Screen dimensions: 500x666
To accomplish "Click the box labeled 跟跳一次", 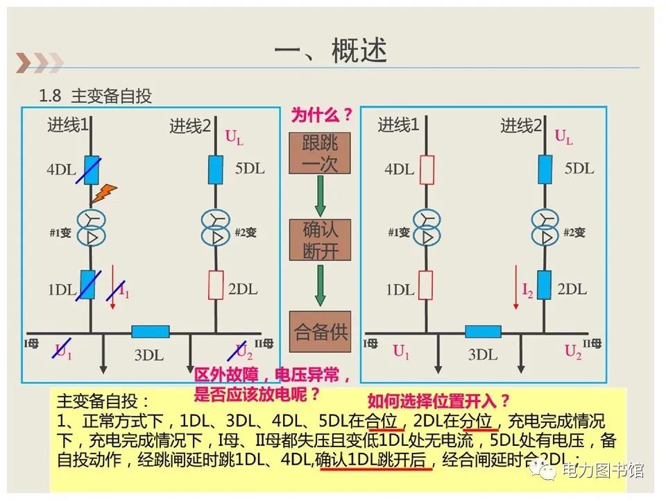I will click(320, 153).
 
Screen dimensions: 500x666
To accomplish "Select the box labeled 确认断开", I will click(320, 240).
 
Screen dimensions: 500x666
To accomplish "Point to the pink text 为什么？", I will click(321, 115).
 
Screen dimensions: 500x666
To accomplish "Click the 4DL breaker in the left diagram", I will click(91, 169).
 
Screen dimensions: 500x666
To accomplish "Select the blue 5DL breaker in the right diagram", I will click(545, 169).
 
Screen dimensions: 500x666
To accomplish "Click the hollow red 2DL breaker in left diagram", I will click(216, 285).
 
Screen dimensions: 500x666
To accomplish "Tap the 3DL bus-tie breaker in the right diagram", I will click(483, 332).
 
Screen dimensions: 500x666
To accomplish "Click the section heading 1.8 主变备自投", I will click(96, 96).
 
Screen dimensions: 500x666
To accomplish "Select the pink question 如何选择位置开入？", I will click(438, 401).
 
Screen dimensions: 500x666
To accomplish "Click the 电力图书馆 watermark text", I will click(602, 470).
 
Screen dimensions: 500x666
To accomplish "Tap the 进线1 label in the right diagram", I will click(398, 126).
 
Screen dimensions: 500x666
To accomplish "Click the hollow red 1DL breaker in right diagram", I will click(426, 285).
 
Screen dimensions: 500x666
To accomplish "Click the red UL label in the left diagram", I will click(234, 137).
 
